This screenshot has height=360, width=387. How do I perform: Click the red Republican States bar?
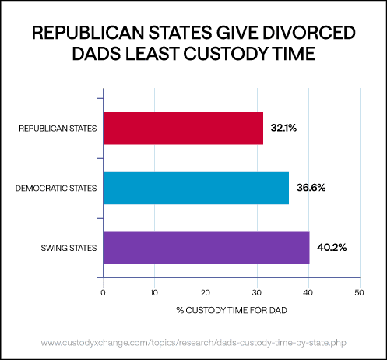click(183, 128)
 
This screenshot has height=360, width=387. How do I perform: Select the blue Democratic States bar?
click(195, 188)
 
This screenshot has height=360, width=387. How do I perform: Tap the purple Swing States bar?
click(206, 248)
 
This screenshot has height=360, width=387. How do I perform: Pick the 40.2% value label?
click(331, 248)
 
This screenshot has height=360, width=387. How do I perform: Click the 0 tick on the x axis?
click(103, 293)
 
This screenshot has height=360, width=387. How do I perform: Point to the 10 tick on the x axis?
click(154, 293)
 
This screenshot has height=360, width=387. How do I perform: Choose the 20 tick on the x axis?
click(206, 293)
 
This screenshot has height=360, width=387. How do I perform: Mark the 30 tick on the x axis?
click(257, 293)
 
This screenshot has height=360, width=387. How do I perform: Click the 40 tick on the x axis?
click(308, 293)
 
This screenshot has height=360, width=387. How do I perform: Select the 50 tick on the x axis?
click(359, 293)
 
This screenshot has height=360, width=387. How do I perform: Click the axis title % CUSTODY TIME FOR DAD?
click(230, 311)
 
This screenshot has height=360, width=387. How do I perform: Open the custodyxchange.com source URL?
click(193, 343)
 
